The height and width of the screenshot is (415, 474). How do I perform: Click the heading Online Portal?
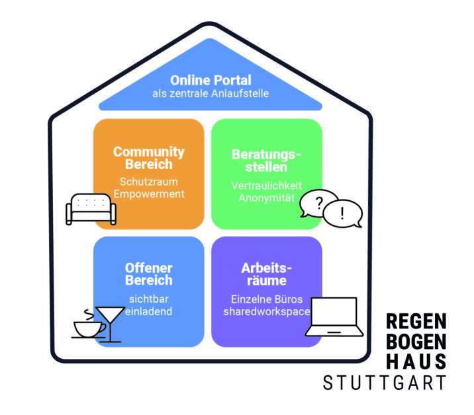point(210,80)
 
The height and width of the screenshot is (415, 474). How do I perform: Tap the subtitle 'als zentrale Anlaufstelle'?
point(210,93)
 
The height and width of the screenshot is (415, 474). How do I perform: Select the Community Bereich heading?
point(149,157)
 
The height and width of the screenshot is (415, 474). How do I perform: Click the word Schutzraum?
point(149,180)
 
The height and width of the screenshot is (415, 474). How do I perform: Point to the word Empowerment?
point(149,194)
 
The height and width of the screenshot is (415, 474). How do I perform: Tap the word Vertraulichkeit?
point(266,186)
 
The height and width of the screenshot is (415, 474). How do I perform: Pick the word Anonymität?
point(266,198)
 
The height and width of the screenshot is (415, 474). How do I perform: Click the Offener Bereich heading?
point(149,274)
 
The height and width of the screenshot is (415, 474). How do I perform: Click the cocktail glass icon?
point(109,321)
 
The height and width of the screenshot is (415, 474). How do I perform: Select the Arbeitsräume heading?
point(266,274)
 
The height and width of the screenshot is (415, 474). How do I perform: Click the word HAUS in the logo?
point(416,361)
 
